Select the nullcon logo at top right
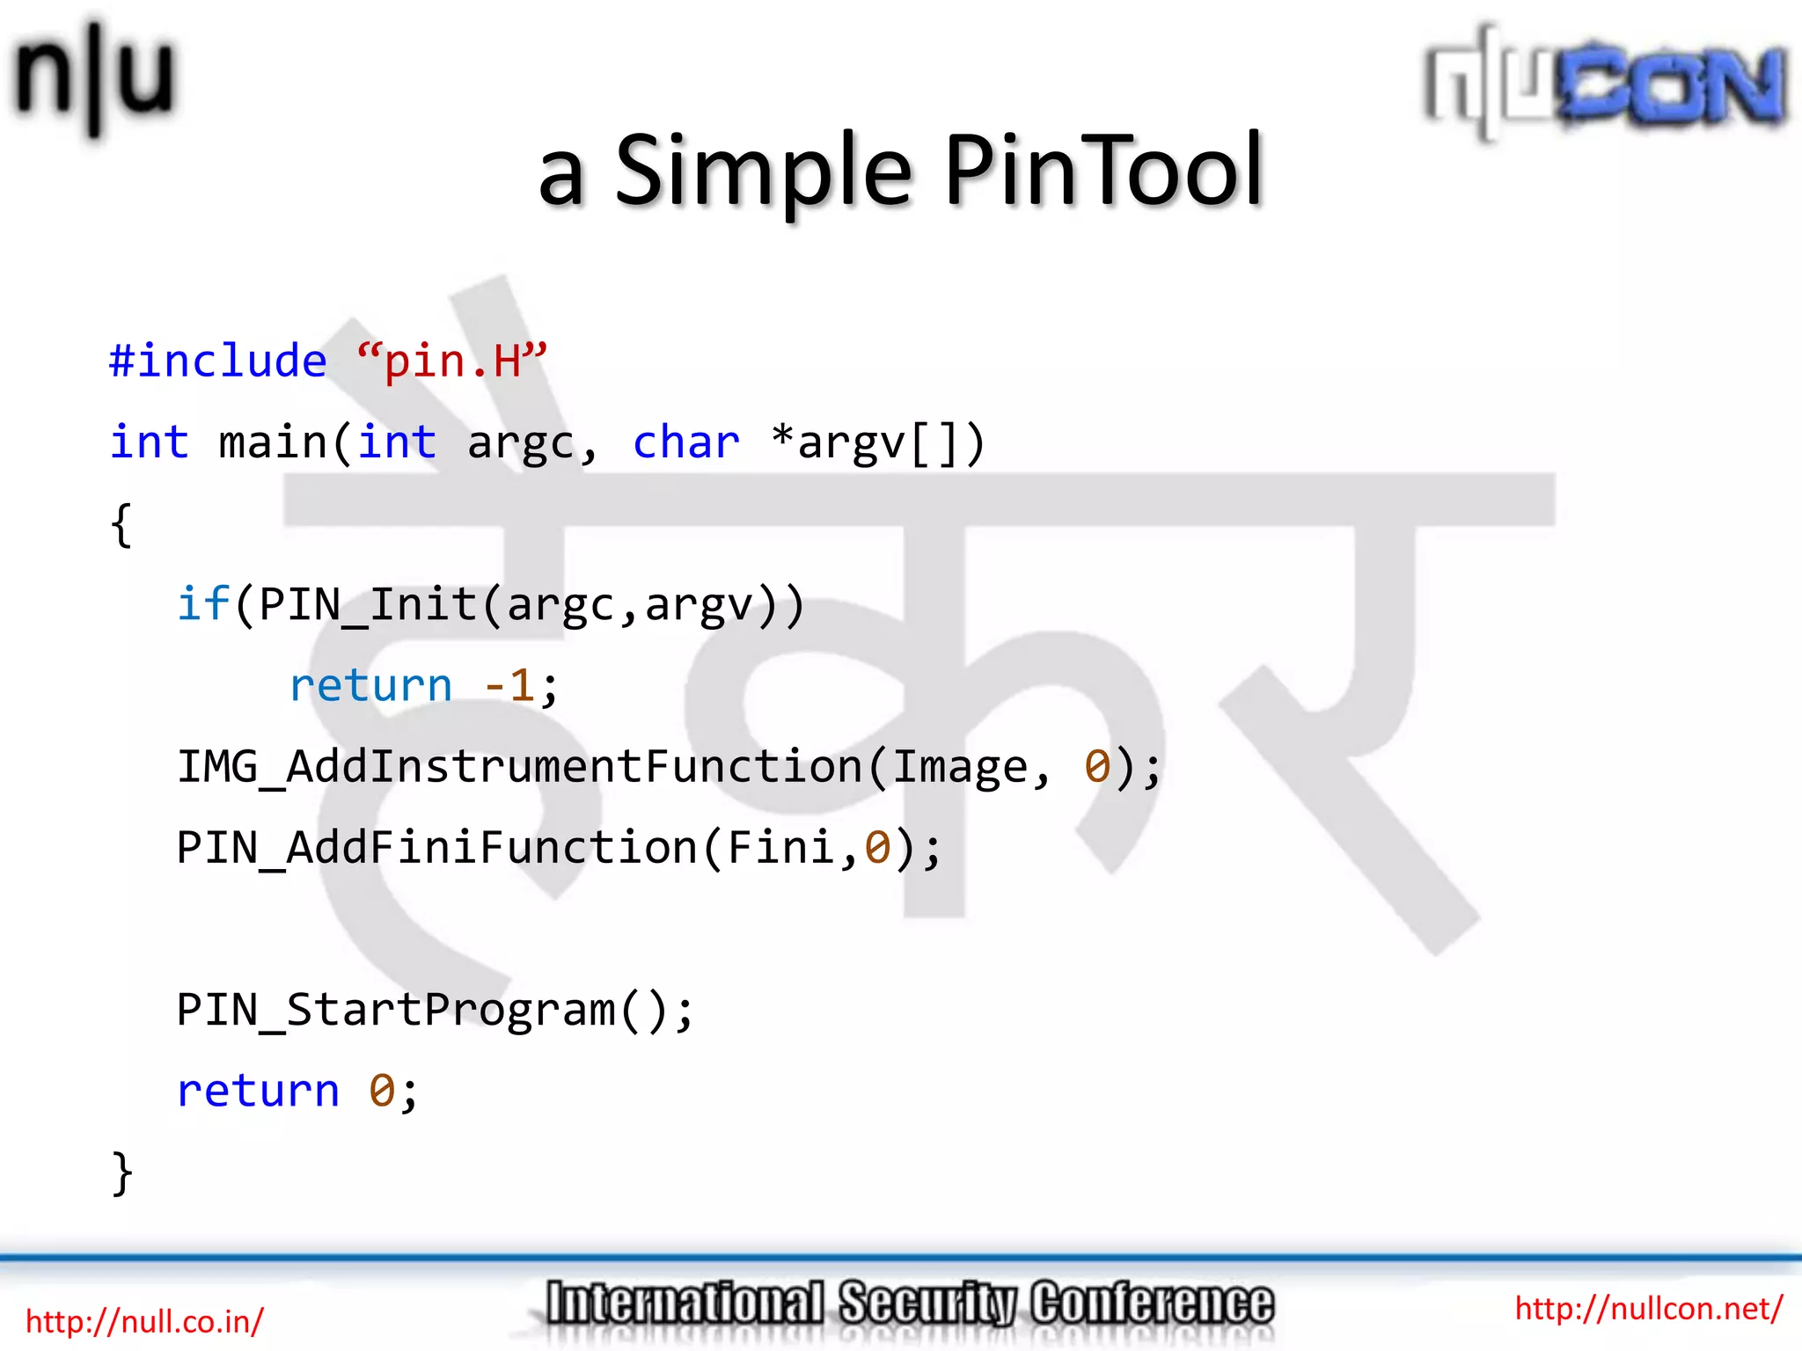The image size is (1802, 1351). point(1605,84)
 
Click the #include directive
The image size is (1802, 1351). point(217,361)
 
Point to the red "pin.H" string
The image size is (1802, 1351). point(452,361)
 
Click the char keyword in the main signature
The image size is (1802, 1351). point(685,442)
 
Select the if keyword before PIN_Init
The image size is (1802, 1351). point(202,604)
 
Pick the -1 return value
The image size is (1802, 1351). point(509,685)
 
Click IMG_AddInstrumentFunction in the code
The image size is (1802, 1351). point(519,767)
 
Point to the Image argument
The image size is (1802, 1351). point(960,767)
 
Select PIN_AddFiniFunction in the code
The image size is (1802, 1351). point(436,848)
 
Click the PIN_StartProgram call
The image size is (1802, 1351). point(396,1010)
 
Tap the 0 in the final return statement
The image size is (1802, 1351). point(382,1091)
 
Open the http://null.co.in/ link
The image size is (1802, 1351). point(144,1321)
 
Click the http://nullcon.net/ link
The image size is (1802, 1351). point(1648,1309)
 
